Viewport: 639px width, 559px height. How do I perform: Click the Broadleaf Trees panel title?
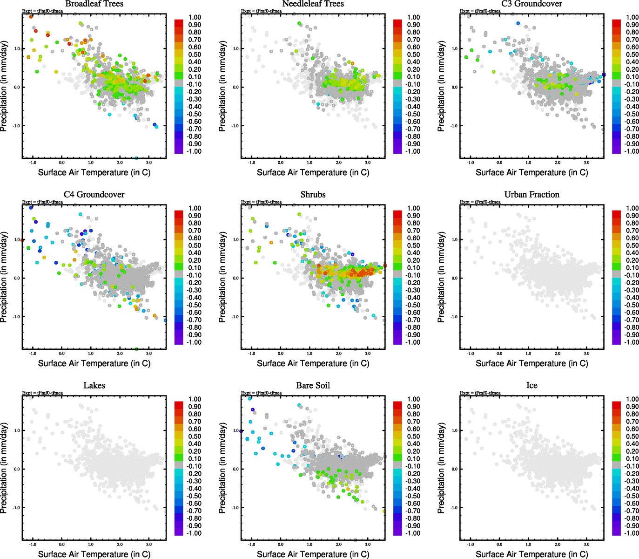coord(94,4)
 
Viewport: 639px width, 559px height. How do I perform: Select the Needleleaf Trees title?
coord(313,4)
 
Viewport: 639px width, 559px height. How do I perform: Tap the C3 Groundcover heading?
coord(532,4)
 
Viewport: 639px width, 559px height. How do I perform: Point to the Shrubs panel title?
coord(313,195)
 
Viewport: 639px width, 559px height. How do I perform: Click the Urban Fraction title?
coord(532,195)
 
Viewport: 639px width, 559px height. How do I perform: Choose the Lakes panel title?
coord(94,386)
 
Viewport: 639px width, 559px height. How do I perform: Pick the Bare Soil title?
coord(313,386)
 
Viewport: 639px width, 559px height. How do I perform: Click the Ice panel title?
coord(532,386)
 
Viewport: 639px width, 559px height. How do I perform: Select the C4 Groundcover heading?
coord(94,195)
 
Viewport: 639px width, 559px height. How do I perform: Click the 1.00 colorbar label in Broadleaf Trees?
coord(195,17)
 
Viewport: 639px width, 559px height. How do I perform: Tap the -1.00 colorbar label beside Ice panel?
coord(632,533)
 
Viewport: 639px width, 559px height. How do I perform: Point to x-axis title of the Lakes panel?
coord(94,554)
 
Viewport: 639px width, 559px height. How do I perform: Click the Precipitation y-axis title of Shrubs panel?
coord(222,277)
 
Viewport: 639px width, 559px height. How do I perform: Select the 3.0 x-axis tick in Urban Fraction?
coord(587,354)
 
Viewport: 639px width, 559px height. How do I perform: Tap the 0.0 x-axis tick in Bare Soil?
coord(281,545)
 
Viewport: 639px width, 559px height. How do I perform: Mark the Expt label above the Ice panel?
coord(480,393)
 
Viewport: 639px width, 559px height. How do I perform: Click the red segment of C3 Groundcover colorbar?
coord(616,22)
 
